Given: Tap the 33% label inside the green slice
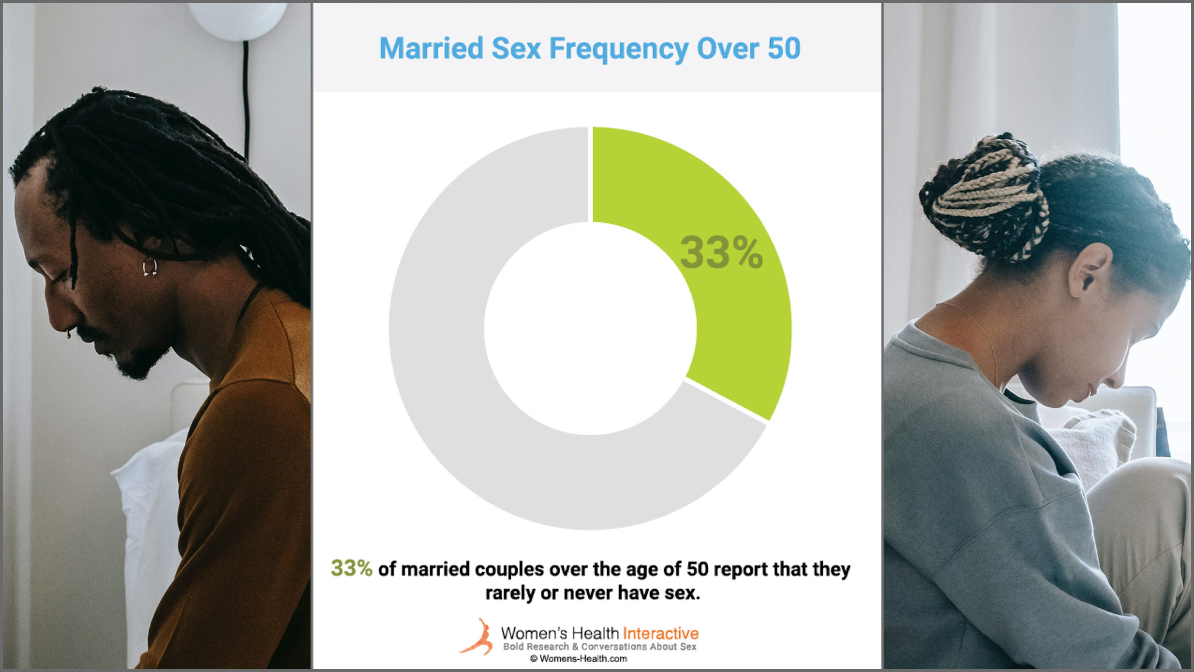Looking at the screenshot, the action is pos(721,253).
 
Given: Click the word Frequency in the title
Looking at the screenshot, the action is pos(619,49).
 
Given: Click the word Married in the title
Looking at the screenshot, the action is pos(431,48).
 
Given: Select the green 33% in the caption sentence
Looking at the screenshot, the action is pos(352,568).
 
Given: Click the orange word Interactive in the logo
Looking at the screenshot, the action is pos(661,633).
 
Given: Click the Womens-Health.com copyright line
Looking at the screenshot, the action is pos(578,659).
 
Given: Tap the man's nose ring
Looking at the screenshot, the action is pos(69,334).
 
